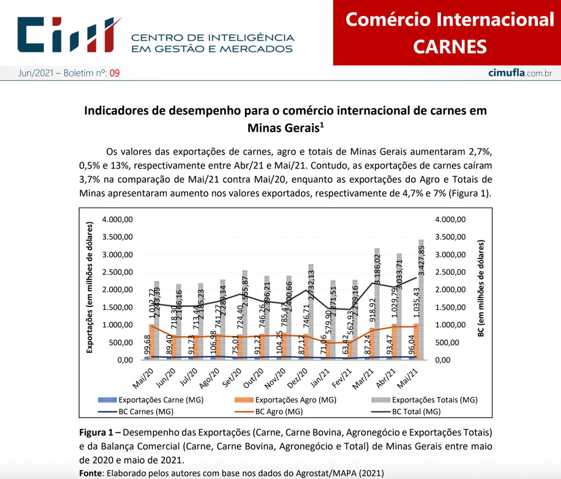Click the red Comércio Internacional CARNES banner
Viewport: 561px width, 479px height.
[449, 33]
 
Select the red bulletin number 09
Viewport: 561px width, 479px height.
[115, 73]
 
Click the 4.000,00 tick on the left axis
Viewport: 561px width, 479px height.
[119, 219]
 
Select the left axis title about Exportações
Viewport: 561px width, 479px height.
[91, 288]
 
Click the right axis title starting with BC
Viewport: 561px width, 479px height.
[481, 288]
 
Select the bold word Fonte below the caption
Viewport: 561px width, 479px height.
[90, 473]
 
